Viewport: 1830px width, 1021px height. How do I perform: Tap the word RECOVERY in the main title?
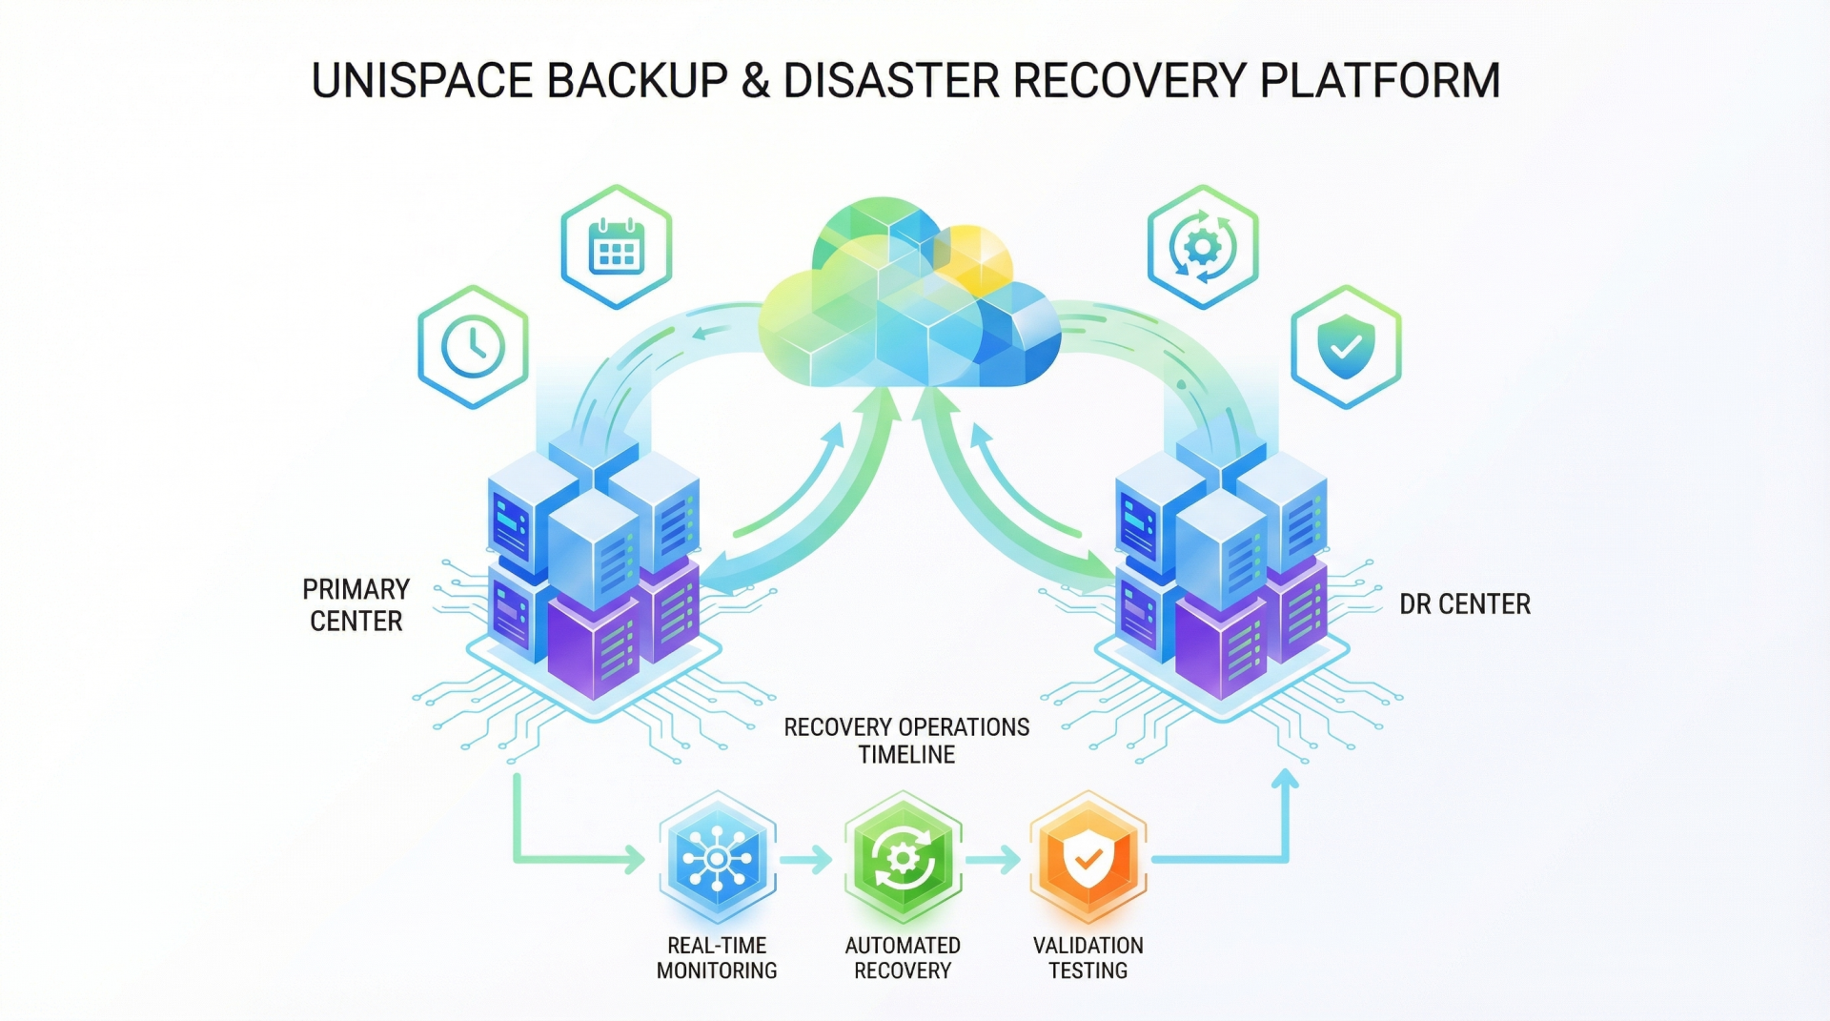(1129, 81)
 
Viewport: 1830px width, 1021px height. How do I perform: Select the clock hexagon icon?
(473, 347)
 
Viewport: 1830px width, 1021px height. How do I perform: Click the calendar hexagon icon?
(617, 247)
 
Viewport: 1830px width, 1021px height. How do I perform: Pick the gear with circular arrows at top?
(1203, 247)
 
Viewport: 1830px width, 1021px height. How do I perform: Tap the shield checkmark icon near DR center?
(1346, 347)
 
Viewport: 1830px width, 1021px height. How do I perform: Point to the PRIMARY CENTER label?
(356, 605)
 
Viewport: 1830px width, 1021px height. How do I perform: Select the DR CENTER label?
(1464, 604)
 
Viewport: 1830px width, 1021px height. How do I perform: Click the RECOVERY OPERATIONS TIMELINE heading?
(906, 741)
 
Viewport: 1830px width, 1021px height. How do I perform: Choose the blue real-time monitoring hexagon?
(718, 858)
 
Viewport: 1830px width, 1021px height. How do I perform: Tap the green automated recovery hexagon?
(903, 858)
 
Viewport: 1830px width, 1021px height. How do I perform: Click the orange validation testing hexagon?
(1088, 858)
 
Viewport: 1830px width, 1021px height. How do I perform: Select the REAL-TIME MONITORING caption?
(717, 958)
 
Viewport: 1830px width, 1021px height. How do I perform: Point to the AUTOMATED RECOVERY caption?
(903, 958)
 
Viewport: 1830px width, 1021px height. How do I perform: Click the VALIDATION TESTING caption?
(1088, 958)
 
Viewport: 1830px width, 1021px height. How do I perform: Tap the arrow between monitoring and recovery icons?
(806, 860)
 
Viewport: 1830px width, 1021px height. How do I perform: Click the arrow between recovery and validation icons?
(993, 860)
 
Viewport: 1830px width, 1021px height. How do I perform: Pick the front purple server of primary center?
(593, 648)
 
